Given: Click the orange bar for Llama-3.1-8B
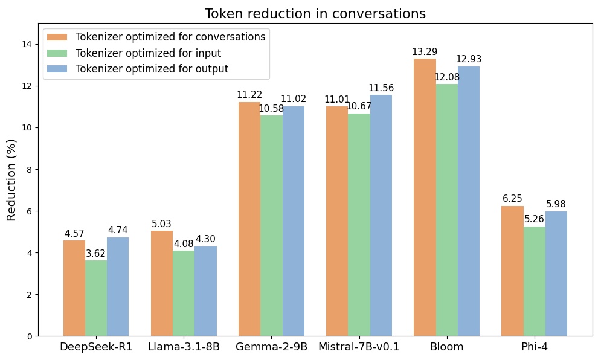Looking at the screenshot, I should (x=162, y=283).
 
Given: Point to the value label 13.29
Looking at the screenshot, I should (x=425, y=52).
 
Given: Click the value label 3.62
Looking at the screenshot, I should (x=96, y=254).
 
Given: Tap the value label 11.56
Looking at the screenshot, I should (x=381, y=88).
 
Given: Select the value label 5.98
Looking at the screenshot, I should (x=556, y=204).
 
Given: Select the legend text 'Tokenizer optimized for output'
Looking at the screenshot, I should (x=152, y=69).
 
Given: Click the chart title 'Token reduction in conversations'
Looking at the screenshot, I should (x=315, y=14).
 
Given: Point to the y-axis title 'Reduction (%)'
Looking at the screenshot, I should (x=12, y=179).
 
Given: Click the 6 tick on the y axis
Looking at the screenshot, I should (x=29, y=211).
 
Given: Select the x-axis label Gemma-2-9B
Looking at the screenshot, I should (x=271, y=347).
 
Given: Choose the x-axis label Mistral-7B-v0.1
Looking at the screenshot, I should (x=359, y=347).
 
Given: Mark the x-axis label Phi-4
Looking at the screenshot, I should (x=534, y=347).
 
